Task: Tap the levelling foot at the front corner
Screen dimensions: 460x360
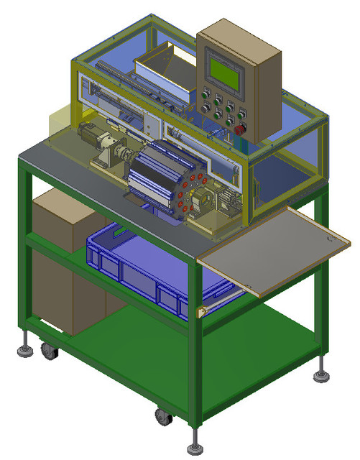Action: tap(195, 446)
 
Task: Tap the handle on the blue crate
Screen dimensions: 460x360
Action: tap(115, 234)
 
